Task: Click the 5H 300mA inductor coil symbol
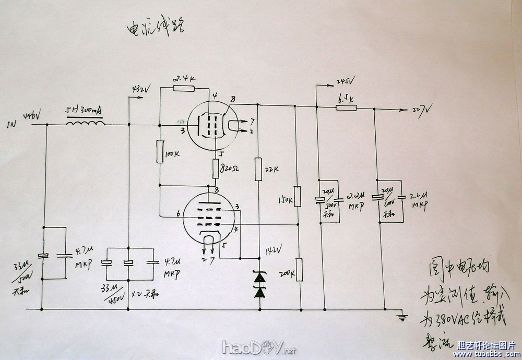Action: pos(85,124)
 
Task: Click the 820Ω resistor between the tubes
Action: pos(216,169)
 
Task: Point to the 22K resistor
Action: pos(258,169)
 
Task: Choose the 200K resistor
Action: pos(298,270)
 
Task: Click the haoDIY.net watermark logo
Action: pos(259,347)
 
